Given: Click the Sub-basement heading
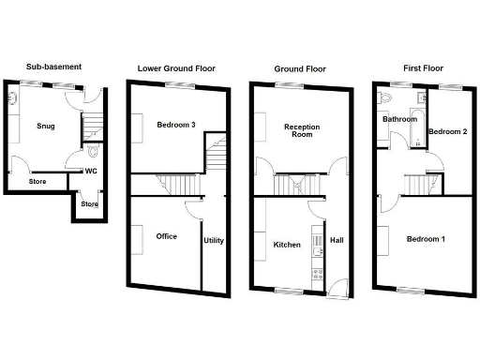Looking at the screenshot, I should (x=54, y=67).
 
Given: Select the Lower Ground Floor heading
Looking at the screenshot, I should (x=175, y=67).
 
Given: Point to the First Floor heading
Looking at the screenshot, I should (x=419, y=68).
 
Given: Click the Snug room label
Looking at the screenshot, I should (x=45, y=125).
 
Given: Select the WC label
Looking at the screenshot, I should (x=92, y=171).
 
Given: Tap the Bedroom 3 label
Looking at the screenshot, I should (x=175, y=125).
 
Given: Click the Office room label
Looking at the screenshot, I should (x=168, y=236).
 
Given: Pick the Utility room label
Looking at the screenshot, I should (x=214, y=241).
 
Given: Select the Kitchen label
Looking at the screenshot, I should (x=287, y=245).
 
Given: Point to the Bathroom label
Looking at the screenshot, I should (x=398, y=119).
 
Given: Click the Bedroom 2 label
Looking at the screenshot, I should (x=447, y=131).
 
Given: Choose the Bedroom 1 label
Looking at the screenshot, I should (x=426, y=239).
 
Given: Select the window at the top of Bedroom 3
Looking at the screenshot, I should (x=175, y=84).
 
